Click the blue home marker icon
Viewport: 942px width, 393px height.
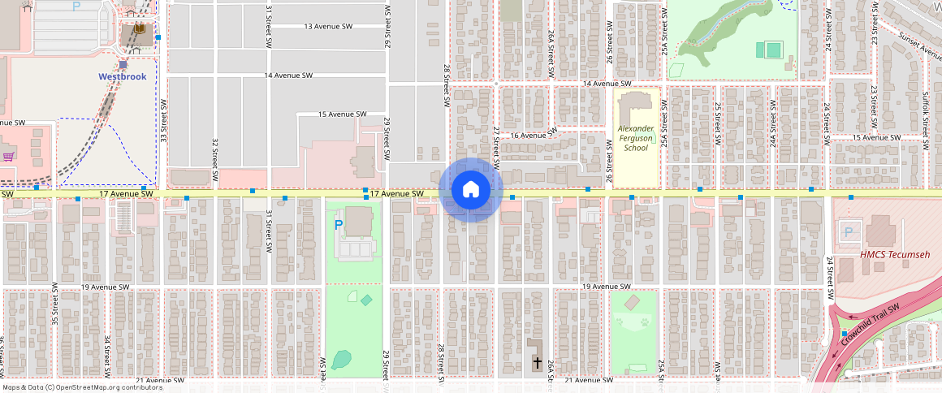click(470, 190)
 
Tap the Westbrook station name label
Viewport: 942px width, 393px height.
click(123, 76)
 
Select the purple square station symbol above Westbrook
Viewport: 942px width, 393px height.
click(123, 64)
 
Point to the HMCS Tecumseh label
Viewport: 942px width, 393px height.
click(895, 255)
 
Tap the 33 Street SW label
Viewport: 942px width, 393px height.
click(163, 121)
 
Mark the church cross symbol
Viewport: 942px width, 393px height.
click(537, 362)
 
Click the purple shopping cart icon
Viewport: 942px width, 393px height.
click(8, 154)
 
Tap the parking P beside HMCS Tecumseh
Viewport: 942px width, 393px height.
click(849, 233)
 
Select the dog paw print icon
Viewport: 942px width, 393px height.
click(644, 322)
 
